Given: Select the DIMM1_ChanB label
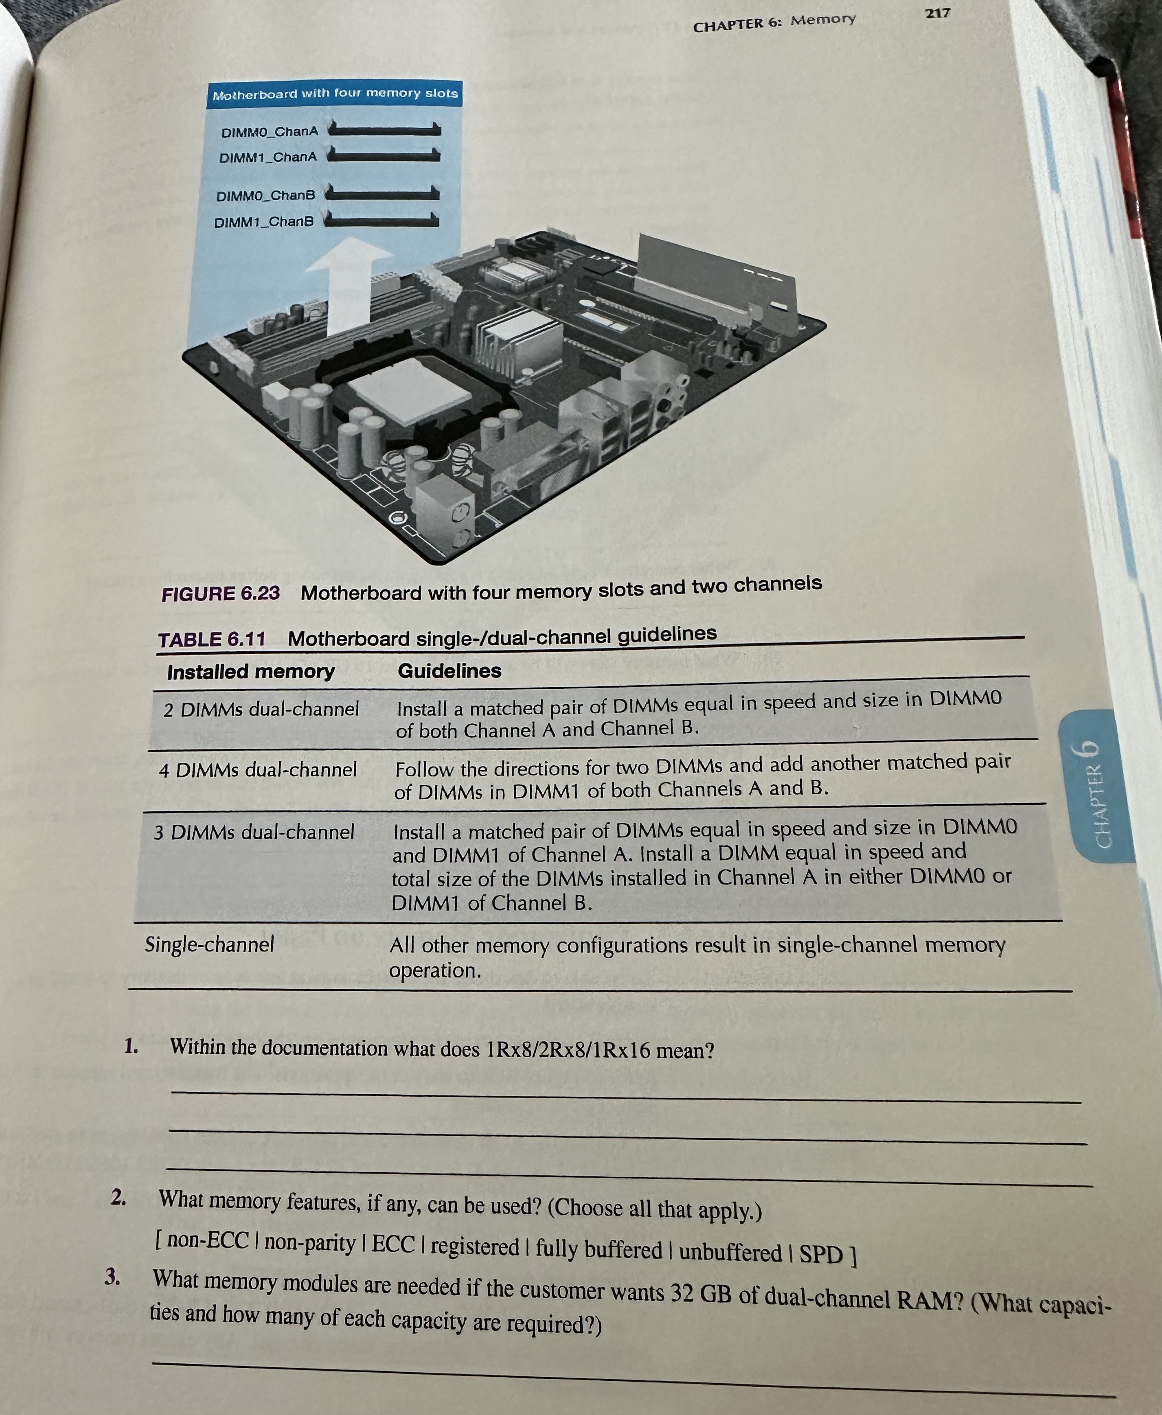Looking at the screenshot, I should pos(264,221).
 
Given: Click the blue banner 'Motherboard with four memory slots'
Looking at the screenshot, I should pos(335,94).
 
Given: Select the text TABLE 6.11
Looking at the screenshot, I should pos(212,639).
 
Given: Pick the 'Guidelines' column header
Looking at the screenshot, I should pos(449,671).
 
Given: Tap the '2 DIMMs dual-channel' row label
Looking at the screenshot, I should pos(261,709).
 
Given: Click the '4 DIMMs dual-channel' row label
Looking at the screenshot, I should pos(258,770).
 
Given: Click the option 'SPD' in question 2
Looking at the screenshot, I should pos(821,1254).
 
